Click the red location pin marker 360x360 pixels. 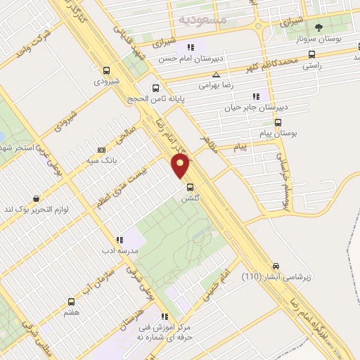pyautogui.click(x=181, y=165)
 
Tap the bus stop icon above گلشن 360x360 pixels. pyautogui.click(x=191, y=187)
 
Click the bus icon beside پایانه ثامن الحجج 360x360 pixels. pyautogui.click(x=156, y=89)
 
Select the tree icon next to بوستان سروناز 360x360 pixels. pyautogui.click(x=320, y=28)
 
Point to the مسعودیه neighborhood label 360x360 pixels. pyautogui.click(x=202, y=20)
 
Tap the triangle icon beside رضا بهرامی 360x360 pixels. pyautogui.click(x=217, y=75)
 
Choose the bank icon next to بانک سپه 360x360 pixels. pyautogui.click(x=102, y=150)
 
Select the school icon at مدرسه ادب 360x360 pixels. pyautogui.click(x=120, y=240)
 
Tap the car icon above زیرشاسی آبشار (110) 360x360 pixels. pyautogui.click(x=276, y=266)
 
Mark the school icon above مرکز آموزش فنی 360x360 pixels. pyautogui.click(x=165, y=316)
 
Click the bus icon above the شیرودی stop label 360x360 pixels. pyautogui.click(x=106, y=70)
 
